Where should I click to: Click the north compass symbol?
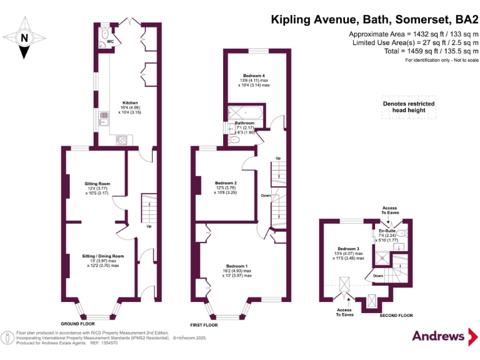point(24,36)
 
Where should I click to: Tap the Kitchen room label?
point(130,102)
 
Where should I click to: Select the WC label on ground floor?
point(110,42)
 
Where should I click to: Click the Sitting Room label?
point(97,184)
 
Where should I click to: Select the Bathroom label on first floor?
point(244,123)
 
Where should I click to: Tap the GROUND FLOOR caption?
point(78,324)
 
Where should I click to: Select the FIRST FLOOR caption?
point(205,326)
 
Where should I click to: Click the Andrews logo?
point(439,336)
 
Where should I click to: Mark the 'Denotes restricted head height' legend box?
point(408,107)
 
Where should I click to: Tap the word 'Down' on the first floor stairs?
point(266,195)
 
